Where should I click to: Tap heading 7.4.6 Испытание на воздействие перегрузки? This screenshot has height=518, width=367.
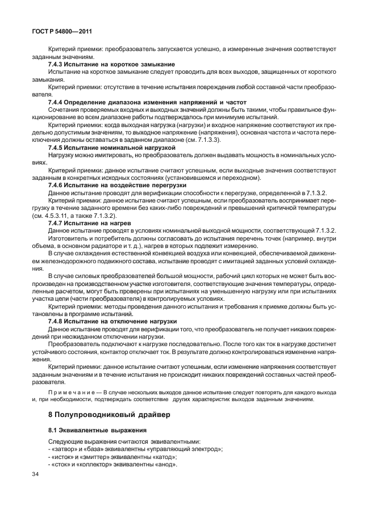117,185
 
